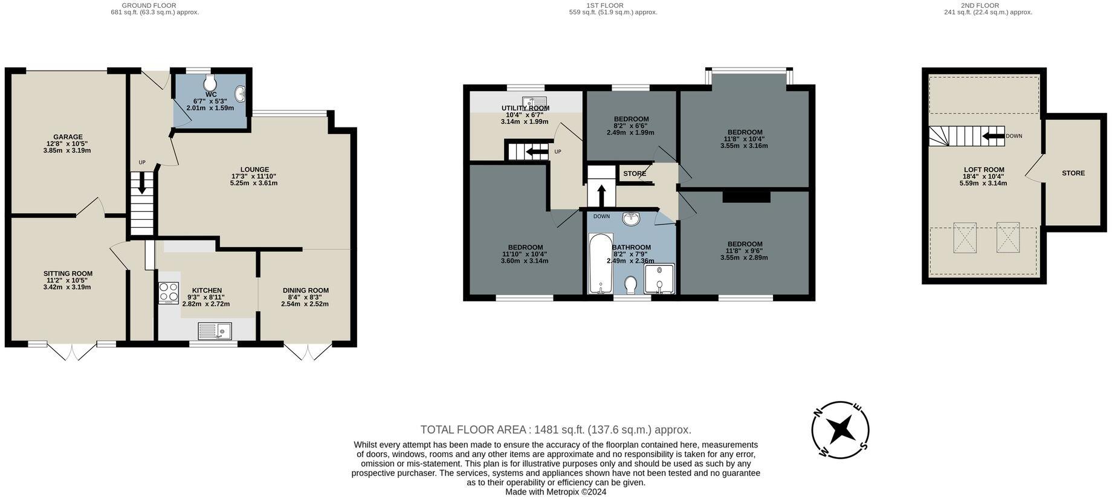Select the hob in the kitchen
(169, 293)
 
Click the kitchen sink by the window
(215, 330)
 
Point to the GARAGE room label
(68, 137)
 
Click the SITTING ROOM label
(68, 274)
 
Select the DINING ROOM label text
(306, 290)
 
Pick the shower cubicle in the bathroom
(659, 278)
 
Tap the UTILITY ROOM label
(525, 108)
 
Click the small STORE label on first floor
(635, 174)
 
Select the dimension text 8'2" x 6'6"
(630, 126)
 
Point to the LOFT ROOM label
(983, 170)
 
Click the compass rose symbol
(839, 430)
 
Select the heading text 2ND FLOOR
(988, 5)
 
